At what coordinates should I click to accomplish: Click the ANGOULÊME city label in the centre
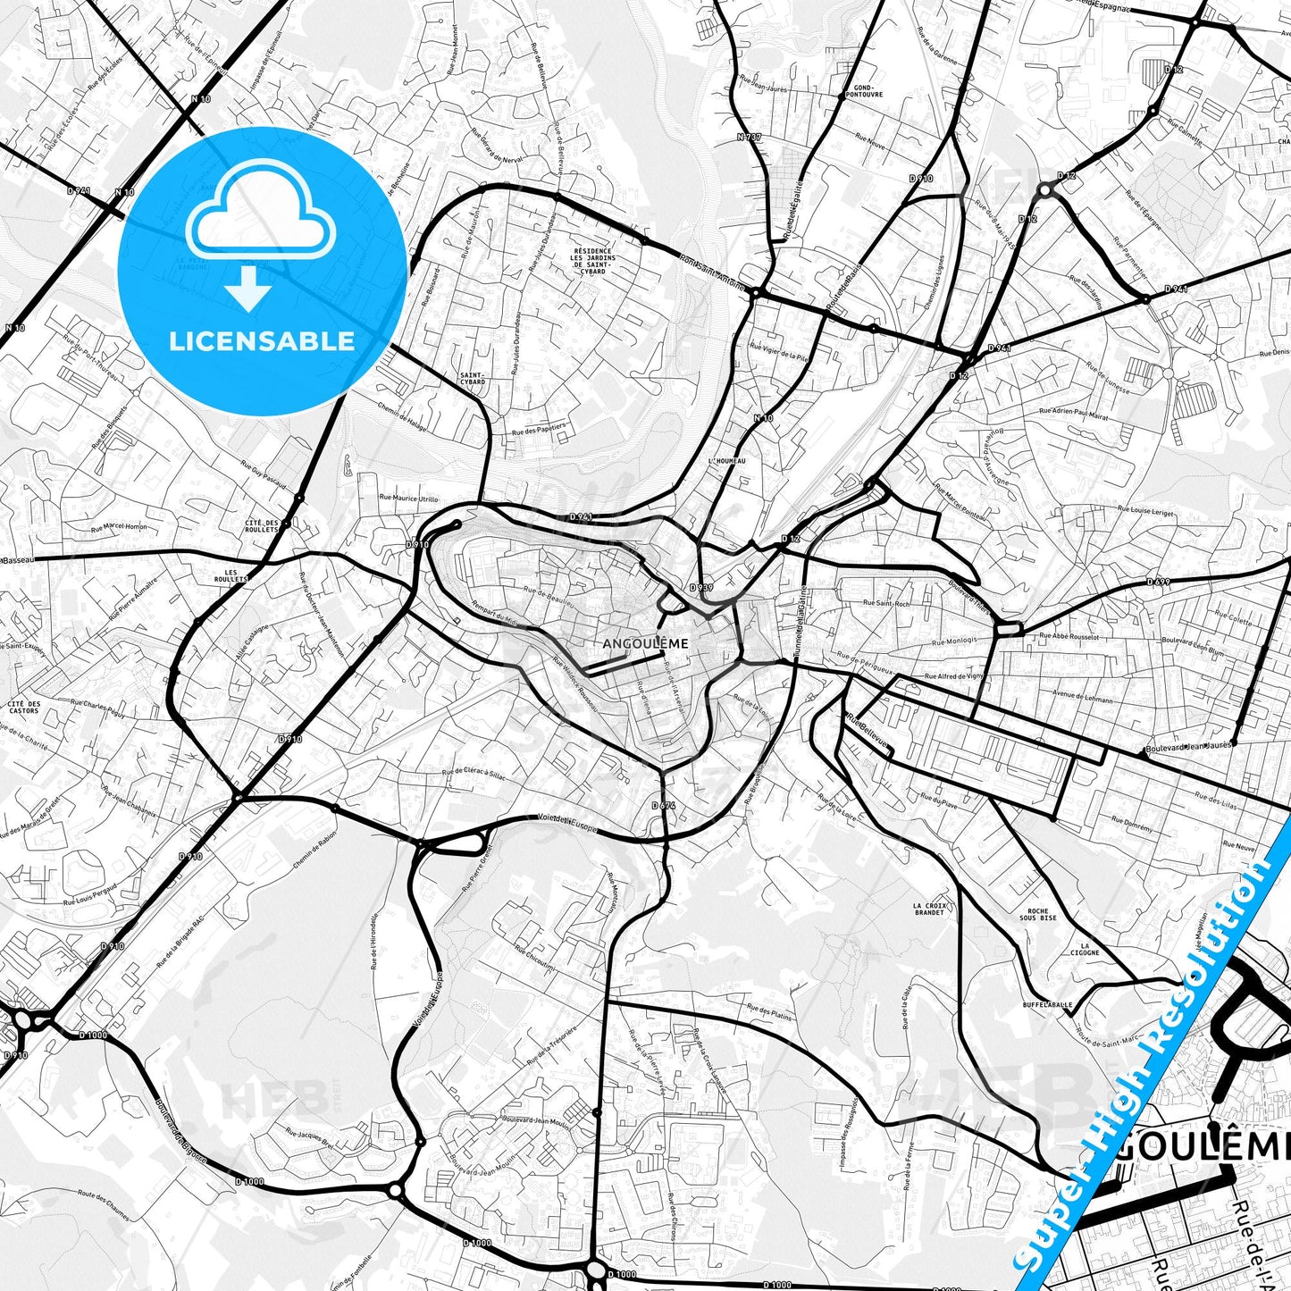click(x=633, y=643)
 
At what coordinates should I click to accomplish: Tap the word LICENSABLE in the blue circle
click(x=262, y=341)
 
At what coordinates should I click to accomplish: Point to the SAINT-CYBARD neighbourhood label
click(x=472, y=378)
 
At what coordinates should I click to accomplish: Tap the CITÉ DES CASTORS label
click(x=24, y=707)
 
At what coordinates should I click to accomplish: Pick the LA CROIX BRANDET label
click(x=929, y=909)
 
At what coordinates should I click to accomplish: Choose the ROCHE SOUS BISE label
click(x=1037, y=914)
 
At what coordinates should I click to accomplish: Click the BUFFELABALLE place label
click(x=1048, y=1004)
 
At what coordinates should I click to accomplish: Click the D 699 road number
click(x=1158, y=582)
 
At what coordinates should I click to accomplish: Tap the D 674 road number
click(x=663, y=806)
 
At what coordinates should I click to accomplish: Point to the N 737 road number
click(x=749, y=137)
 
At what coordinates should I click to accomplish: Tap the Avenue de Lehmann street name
click(x=1083, y=697)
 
